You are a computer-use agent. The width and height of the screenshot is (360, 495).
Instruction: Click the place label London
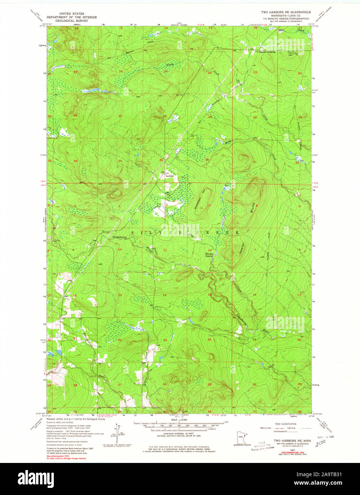[170, 176]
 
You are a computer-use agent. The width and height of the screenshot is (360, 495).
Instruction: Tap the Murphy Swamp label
[209, 255]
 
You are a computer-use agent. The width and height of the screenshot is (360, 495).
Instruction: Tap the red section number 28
[75, 115]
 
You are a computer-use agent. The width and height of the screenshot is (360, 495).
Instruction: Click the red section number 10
[120, 250]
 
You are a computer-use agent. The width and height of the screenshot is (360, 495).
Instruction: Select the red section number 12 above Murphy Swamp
[210, 250]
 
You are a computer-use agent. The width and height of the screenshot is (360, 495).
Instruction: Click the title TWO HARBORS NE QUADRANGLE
[286, 12]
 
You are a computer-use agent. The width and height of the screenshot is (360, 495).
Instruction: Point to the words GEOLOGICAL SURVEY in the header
[72, 21]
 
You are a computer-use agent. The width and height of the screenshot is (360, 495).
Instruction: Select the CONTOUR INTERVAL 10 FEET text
[175, 433]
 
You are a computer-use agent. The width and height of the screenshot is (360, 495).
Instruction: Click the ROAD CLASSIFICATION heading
[286, 424]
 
